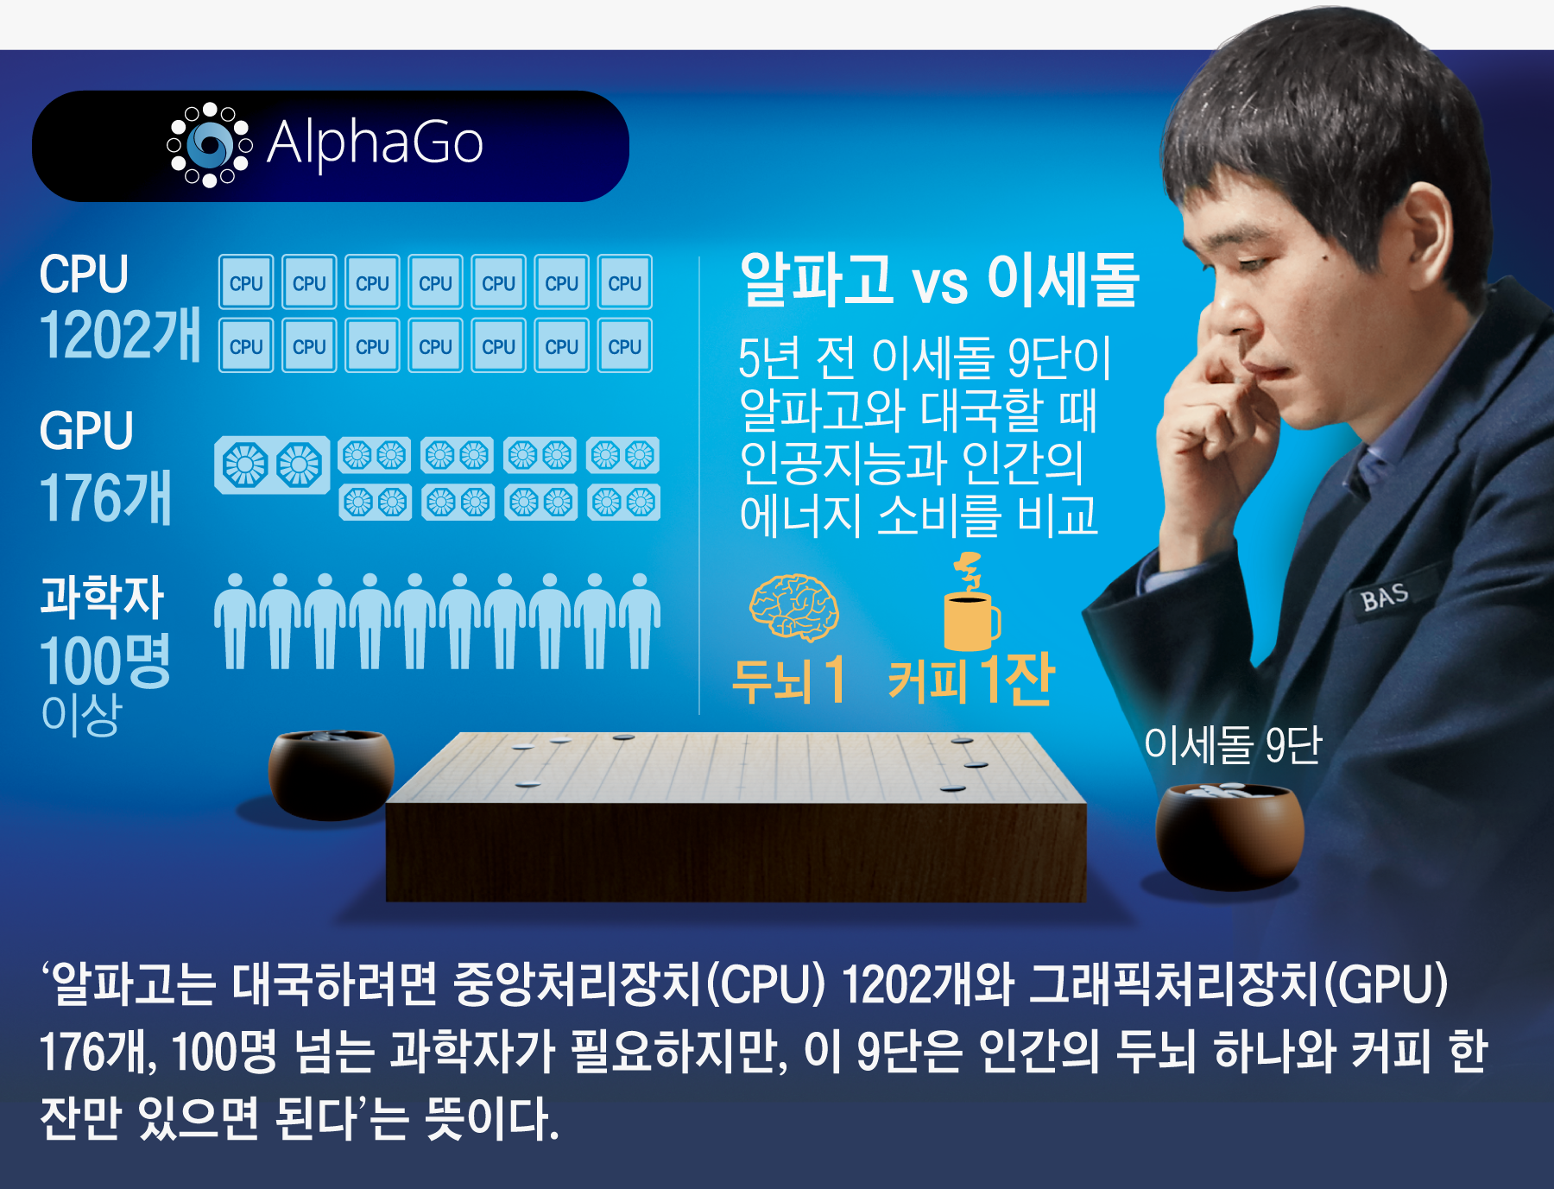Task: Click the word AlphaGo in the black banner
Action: tap(375, 143)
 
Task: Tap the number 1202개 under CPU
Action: tap(120, 334)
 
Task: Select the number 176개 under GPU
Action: tap(105, 497)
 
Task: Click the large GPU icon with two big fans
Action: tap(272, 465)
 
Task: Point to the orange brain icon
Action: tap(793, 607)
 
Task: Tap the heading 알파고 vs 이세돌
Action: tap(939, 280)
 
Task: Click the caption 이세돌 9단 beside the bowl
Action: tap(1233, 744)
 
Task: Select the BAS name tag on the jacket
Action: tap(1385, 597)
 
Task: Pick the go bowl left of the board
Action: tap(332, 775)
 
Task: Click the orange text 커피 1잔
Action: tap(971, 680)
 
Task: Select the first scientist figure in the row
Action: tap(236, 621)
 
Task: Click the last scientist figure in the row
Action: tap(640, 621)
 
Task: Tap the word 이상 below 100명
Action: tap(81, 715)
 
